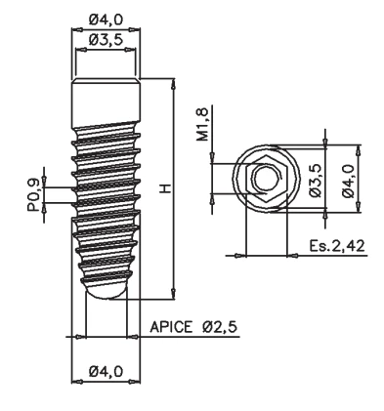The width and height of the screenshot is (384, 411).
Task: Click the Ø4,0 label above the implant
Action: tap(106, 20)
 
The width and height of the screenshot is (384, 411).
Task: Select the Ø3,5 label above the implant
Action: tap(106, 40)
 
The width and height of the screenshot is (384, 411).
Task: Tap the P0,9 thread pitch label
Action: tap(33, 195)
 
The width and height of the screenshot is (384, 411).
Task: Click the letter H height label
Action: tap(166, 188)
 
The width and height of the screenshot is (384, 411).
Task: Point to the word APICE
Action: tap(171, 327)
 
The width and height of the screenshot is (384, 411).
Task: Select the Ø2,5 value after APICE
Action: tap(219, 327)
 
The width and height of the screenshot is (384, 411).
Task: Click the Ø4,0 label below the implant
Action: tap(106, 371)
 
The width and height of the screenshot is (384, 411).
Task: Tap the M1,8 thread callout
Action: tap(202, 125)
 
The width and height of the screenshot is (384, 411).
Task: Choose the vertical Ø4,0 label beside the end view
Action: tap(348, 181)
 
